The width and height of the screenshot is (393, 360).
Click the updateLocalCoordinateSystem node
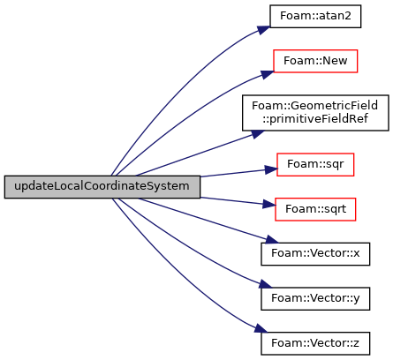click(x=102, y=187)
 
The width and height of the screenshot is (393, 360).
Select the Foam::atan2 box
click(x=315, y=17)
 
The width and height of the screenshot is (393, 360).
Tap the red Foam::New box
click(x=315, y=61)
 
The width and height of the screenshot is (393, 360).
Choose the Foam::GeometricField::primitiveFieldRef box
click(x=315, y=113)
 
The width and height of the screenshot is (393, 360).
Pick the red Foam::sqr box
click(x=315, y=165)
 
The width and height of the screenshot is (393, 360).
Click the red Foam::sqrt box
click(x=315, y=209)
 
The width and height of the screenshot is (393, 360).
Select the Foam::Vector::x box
click(x=315, y=254)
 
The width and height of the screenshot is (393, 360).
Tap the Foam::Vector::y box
click(x=315, y=299)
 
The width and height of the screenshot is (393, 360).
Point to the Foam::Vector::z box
click(x=315, y=343)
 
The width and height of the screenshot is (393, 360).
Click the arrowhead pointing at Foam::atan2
click(x=263, y=30)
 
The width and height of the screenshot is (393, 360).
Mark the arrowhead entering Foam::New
click(x=268, y=74)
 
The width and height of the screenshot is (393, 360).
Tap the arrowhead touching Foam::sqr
click(x=271, y=169)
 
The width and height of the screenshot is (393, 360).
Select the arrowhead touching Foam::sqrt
click(x=269, y=204)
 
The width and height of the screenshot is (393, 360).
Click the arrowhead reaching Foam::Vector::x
click(x=272, y=240)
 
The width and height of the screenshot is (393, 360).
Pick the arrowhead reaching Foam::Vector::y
click(x=265, y=284)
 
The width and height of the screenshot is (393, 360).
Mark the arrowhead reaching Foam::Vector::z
click(x=261, y=329)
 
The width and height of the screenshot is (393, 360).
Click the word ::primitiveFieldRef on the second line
click(x=315, y=119)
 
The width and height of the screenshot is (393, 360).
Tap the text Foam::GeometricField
click(x=314, y=106)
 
